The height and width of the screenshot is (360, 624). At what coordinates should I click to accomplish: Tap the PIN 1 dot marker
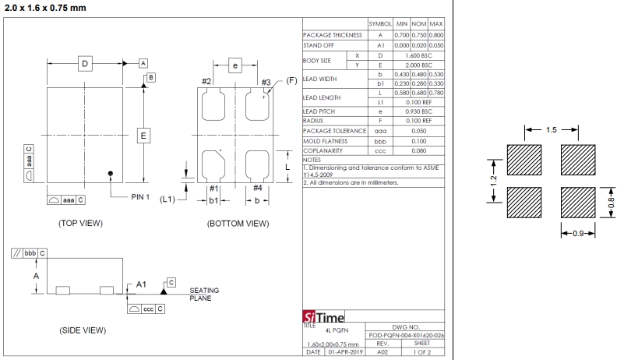pyautogui.click(x=111, y=173)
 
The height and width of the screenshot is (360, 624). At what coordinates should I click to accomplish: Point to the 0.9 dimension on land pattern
pyautogui.click(x=576, y=232)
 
